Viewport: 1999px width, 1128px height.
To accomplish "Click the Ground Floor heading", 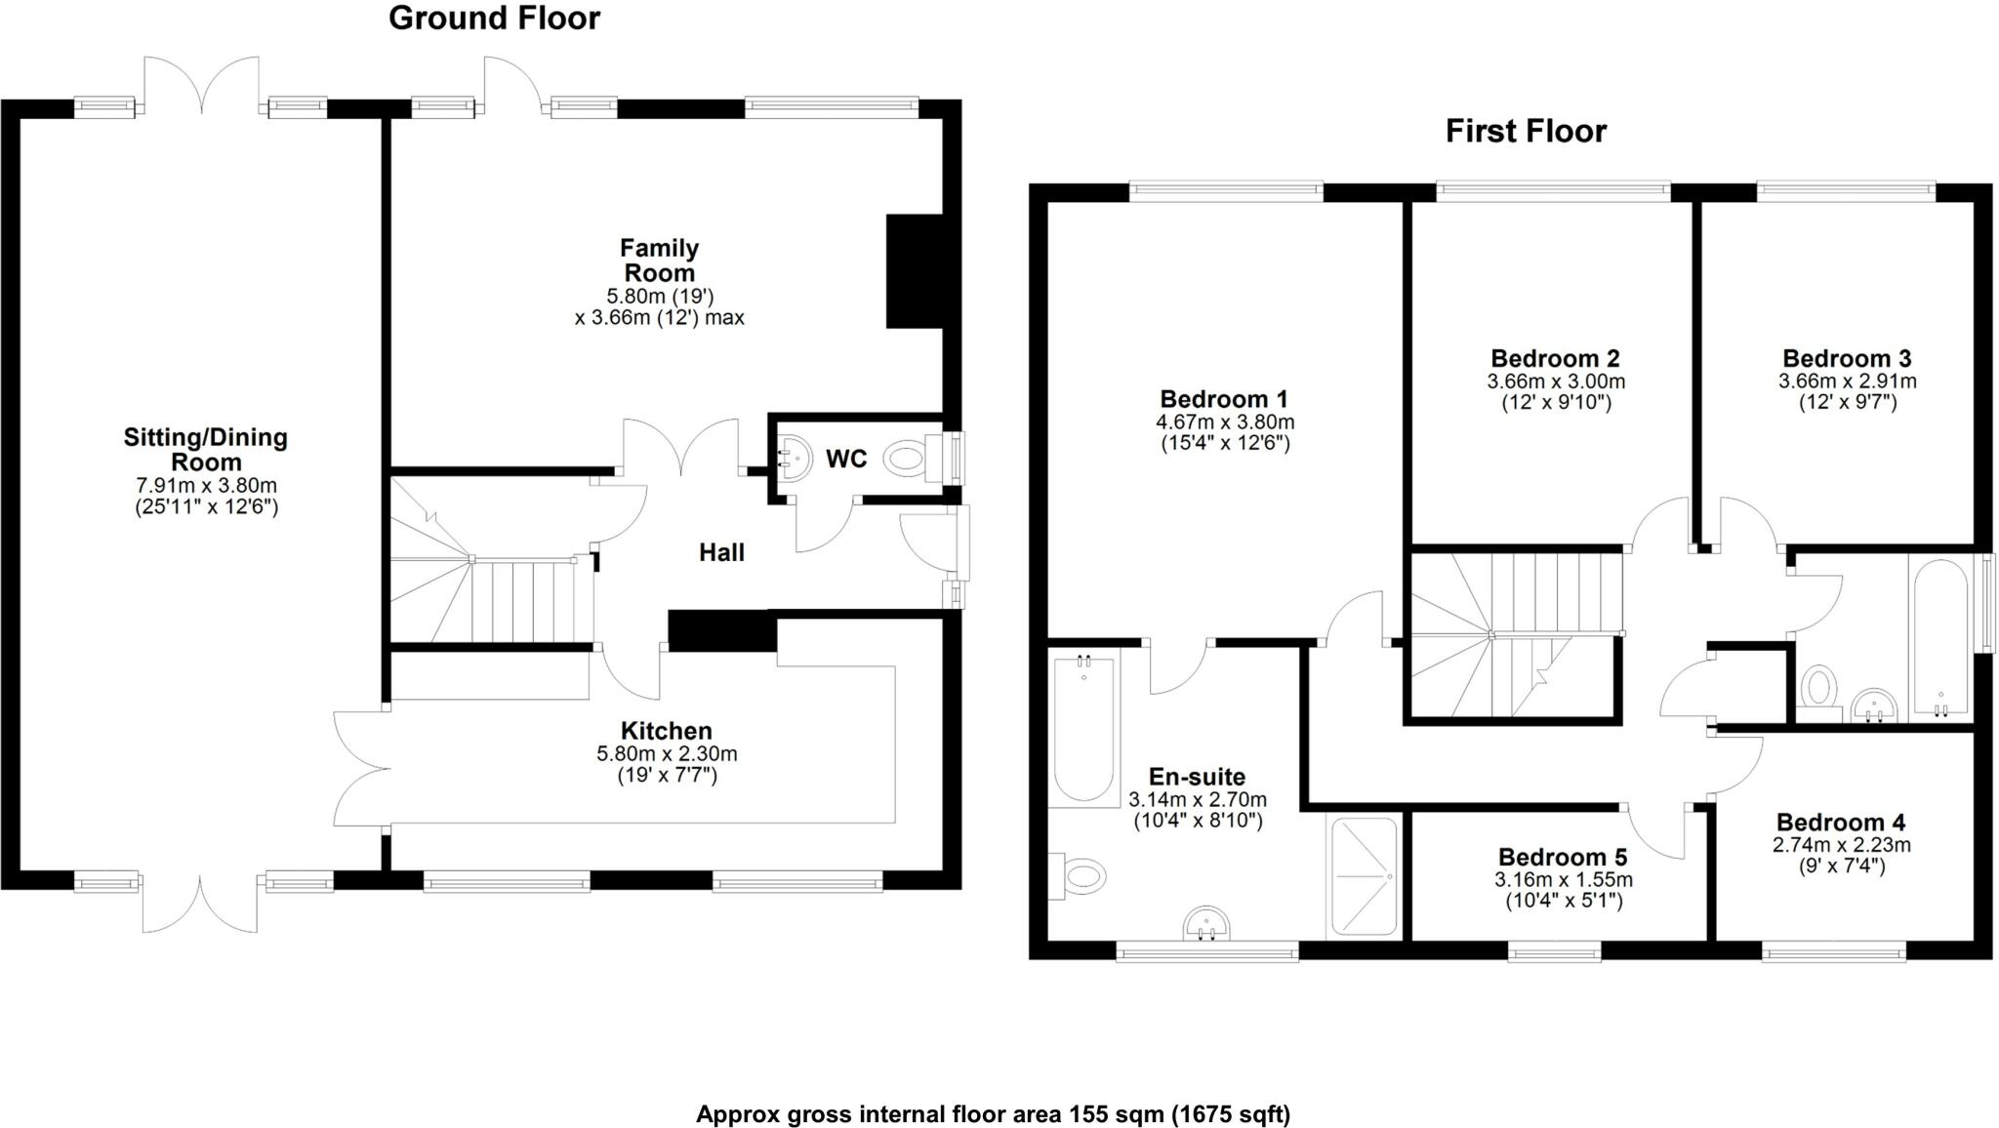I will (494, 19).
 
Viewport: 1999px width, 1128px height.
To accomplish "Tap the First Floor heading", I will (1525, 131).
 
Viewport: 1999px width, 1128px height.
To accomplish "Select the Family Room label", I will (660, 261).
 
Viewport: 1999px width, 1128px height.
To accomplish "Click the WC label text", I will (845, 459).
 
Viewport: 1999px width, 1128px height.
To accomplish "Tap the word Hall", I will (721, 553).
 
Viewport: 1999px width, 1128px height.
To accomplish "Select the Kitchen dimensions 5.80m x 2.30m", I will (667, 754).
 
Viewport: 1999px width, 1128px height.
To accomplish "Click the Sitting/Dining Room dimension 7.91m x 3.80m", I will (206, 486).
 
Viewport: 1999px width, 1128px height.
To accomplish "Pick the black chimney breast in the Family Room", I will (914, 271).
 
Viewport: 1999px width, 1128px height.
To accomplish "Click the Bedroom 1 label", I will (1224, 399).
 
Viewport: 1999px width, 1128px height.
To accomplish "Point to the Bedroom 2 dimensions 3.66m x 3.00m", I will (1556, 382).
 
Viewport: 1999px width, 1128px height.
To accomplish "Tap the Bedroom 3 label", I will (1847, 358).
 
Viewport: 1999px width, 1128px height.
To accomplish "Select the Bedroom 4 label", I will (1840, 823).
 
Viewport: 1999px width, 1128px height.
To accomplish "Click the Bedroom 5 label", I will (1563, 857).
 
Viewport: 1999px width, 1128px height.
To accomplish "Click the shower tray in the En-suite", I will (1365, 876).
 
